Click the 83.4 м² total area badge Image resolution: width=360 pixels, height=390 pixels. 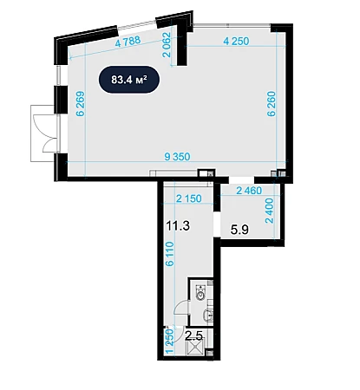click(129, 80)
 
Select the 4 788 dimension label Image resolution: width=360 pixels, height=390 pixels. click(128, 41)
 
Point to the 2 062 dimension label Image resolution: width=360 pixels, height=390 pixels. click(167, 44)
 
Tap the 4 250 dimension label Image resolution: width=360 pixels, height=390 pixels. click(236, 41)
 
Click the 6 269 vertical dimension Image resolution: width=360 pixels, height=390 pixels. click(81, 103)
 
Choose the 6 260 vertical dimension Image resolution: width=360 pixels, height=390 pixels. click(272, 104)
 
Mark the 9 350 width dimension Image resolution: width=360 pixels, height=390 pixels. click(177, 157)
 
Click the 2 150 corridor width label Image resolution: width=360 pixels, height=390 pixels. click(189, 198)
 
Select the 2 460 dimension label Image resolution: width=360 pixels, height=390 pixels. click(249, 191)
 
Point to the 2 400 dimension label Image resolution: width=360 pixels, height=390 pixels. click(269, 211)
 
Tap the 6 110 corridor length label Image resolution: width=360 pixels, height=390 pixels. click(170, 254)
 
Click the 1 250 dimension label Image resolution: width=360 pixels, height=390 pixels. click(170, 341)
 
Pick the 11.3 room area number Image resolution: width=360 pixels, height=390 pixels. click(178, 225)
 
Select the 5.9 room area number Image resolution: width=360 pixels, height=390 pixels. click(239, 230)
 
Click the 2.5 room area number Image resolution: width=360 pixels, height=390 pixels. click(193, 335)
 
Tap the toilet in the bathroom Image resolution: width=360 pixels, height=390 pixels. click(200, 292)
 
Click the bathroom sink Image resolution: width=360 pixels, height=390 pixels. click(208, 315)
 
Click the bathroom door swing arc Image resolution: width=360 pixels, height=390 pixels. click(180, 306)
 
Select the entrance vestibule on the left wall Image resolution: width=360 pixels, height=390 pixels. click(43, 133)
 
